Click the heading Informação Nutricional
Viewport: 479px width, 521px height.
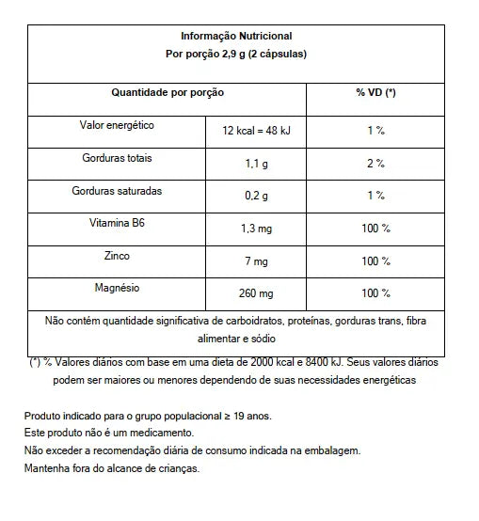coord(235,37)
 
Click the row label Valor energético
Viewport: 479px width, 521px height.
coord(118,126)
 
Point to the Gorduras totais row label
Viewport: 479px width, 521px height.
coord(118,158)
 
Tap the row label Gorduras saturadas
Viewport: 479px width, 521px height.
coord(118,190)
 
